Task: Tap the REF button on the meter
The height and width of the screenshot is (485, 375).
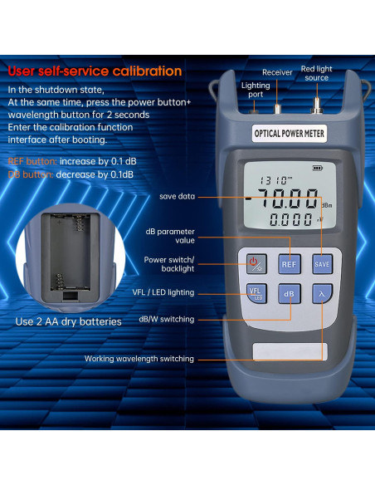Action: click(289, 263)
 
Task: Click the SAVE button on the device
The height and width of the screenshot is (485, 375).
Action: click(322, 263)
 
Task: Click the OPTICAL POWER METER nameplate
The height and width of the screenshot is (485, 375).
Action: click(289, 133)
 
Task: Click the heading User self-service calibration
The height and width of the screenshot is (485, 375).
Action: click(95, 71)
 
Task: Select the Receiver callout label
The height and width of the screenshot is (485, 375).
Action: click(277, 72)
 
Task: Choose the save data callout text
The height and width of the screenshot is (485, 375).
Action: click(178, 197)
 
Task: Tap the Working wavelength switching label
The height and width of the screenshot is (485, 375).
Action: click(139, 359)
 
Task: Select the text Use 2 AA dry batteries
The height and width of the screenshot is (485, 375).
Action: click(68, 321)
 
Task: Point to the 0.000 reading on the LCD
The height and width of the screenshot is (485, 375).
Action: click(287, 220)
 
